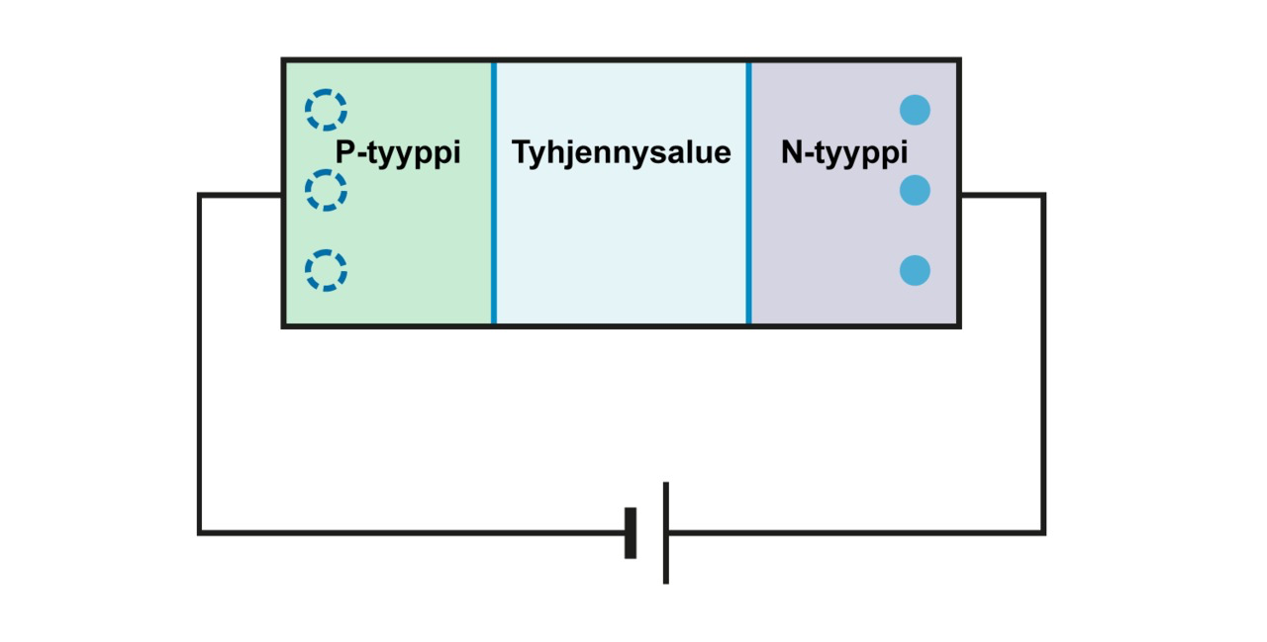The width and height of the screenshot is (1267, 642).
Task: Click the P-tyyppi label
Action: point(398,153)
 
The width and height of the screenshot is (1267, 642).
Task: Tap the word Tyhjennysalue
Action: point(621,153)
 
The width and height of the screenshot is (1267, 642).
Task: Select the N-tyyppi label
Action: point(843,153)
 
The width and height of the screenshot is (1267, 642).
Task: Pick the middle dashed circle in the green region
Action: point(326,189)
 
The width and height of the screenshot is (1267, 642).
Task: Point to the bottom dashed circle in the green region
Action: point(326,270)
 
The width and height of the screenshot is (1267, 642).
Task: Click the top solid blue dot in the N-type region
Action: point(915,109)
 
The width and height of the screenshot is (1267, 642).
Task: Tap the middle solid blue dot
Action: point(915,189)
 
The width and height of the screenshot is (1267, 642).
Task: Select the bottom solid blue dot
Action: point(915,270)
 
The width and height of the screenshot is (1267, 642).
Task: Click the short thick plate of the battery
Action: point(631,533)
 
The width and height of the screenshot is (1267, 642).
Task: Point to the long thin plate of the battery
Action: point(666,533)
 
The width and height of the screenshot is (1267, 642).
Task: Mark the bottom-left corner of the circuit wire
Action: point(200,533)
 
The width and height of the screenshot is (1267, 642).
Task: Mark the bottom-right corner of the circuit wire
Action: point(1043,533)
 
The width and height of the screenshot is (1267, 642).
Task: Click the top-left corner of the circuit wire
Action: point(200,195)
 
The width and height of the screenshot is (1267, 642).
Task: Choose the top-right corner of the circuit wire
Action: point(1043,195)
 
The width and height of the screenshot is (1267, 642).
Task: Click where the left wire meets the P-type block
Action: point(282,195)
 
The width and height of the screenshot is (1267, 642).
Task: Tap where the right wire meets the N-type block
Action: point(960,195)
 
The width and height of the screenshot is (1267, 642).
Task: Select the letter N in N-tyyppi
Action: point(791,153)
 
